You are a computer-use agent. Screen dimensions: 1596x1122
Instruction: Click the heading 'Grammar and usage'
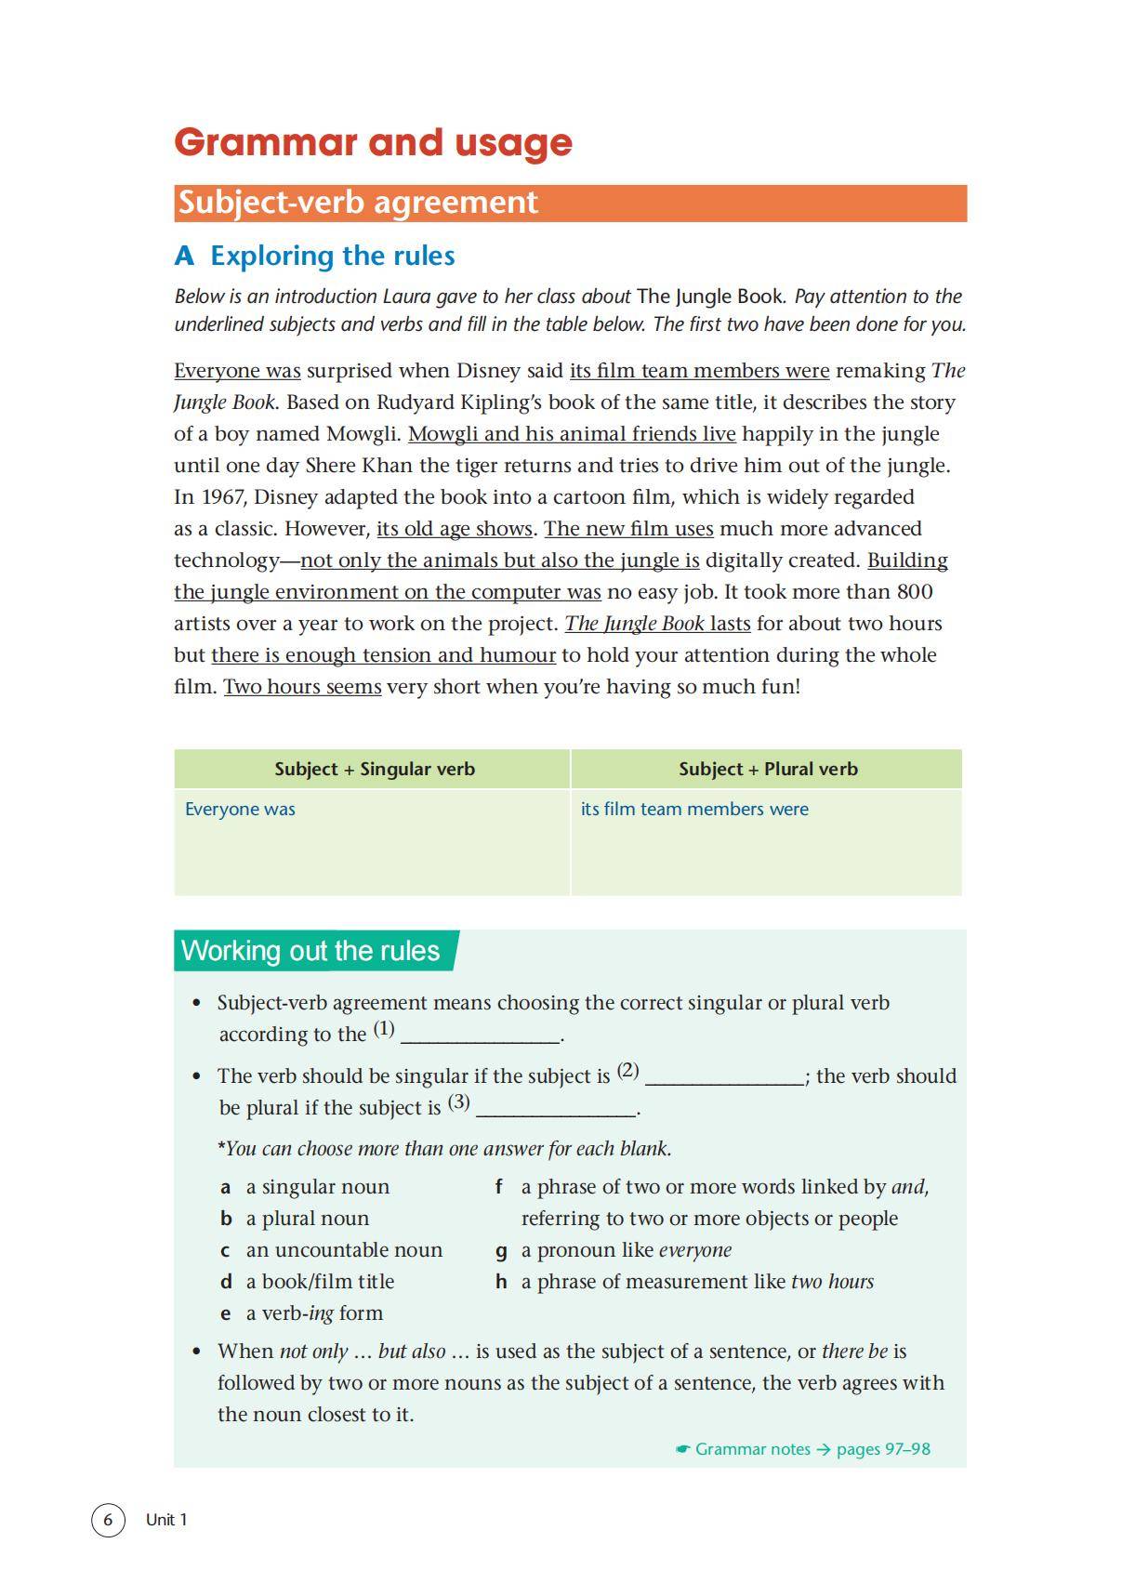coord(373,142)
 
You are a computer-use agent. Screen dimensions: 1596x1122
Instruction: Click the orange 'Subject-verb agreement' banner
coord(569,203)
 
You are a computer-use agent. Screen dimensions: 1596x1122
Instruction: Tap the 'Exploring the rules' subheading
coord(314,256)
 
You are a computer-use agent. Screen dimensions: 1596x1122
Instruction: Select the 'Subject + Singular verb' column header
coord(374,769)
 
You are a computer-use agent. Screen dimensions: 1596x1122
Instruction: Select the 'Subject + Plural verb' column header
coord(767,769)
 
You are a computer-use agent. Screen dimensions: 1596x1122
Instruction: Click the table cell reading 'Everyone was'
coord(240,809)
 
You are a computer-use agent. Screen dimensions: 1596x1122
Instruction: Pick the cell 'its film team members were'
coord(694,809)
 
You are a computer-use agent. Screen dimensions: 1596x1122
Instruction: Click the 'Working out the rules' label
coord(310,951)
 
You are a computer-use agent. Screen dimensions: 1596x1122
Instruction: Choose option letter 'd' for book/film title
coord(226,1282)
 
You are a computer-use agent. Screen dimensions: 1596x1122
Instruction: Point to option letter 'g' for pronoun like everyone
coord(501,1250)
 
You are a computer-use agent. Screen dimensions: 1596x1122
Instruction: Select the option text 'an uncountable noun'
coord(344,1250)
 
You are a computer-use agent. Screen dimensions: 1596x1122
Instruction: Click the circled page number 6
coord(108,1520)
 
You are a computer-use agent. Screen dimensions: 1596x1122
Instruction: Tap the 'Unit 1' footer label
coord(166,1520)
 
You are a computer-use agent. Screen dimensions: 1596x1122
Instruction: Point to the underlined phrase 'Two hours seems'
coord(302,687)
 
